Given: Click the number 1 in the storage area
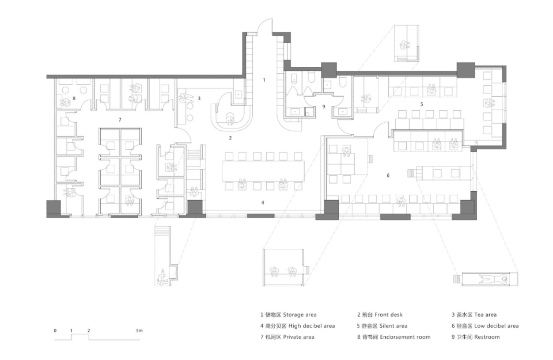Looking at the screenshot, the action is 264,80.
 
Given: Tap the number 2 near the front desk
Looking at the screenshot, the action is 230,138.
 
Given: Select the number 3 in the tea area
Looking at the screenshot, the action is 199,98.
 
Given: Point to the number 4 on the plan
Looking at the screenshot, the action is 263,202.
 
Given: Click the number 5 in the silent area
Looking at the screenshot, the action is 422,104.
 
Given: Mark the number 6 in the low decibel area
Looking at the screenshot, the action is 388,175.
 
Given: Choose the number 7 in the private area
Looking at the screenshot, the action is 120,120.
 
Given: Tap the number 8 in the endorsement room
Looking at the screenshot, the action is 74,98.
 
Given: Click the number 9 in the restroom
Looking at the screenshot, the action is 323,107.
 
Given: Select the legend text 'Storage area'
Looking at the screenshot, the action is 300,314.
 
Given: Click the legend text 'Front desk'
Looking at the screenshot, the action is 388,314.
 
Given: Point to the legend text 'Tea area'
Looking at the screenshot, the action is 485,314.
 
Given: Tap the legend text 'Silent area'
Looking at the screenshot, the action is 393,326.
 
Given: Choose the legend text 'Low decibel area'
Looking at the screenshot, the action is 496,326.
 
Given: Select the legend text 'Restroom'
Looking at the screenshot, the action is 487,337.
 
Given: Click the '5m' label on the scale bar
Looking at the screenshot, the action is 139,331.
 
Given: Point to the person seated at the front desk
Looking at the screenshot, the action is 230,119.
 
